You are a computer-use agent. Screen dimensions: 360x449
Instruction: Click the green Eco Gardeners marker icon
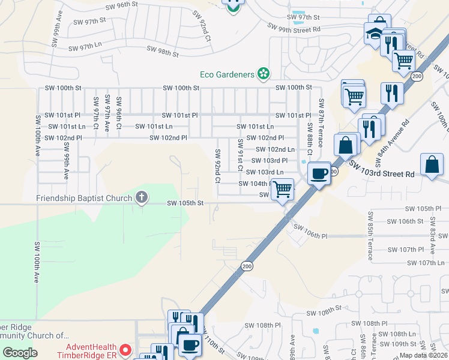(262, 74)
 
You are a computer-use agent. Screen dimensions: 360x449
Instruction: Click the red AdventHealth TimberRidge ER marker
(125, 349)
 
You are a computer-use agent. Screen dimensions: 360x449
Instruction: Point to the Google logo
(20, 353)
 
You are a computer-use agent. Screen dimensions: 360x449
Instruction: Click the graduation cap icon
(374, 34)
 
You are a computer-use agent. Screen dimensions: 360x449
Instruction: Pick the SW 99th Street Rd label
(294, 28)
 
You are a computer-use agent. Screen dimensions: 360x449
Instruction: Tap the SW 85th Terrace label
(370, 235)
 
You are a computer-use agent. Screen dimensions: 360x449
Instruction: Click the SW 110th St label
(212, 346)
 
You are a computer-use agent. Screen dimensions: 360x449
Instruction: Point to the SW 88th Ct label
(310, 137)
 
